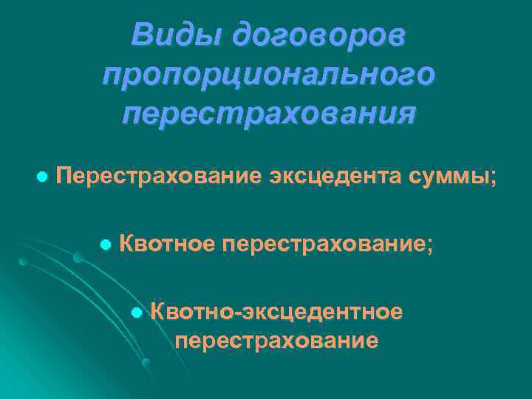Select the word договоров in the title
(x=318, y=35)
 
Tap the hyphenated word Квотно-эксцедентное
(x=276, y=312)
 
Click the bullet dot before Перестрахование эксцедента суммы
(x=42, y=177)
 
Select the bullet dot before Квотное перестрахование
(x=106, y=244)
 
